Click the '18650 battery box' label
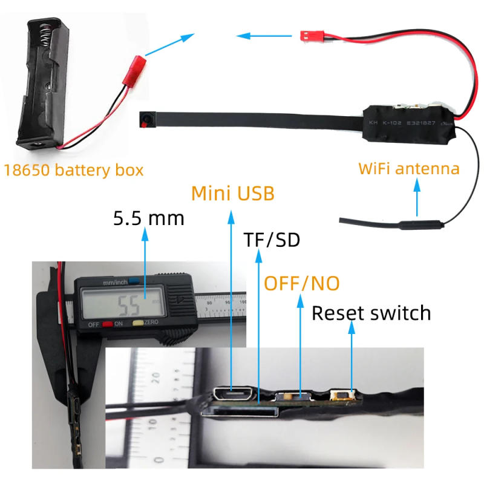(74, 169)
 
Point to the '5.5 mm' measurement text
(148, 218)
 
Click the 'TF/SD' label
(272, 240)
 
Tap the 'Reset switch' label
(371, 313)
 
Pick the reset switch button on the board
(341, 397)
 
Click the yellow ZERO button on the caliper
(137, 324)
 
